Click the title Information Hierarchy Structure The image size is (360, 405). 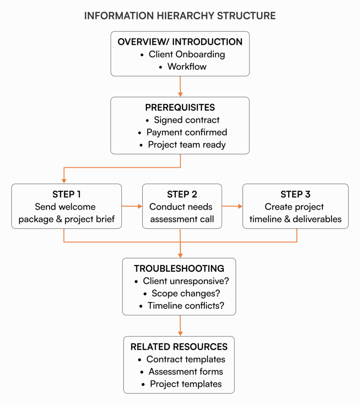click(x=180, y=16)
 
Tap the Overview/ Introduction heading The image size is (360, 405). click(x=180, y=42)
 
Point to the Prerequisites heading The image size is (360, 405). click(x=180, y=108)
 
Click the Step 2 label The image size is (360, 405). click(x=182, y=194)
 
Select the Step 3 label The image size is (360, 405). click(x=295, y=194)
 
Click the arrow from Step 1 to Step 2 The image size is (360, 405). click(x=132, y=206)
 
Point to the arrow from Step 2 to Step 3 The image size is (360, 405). click(x=232, y=206)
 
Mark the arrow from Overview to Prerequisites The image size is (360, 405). click(x=180, y=86)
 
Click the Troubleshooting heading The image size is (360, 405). click(x=179, y=269)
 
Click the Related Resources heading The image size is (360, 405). click(x=179, y=347)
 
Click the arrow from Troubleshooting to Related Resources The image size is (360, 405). click(x=180, y=326)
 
